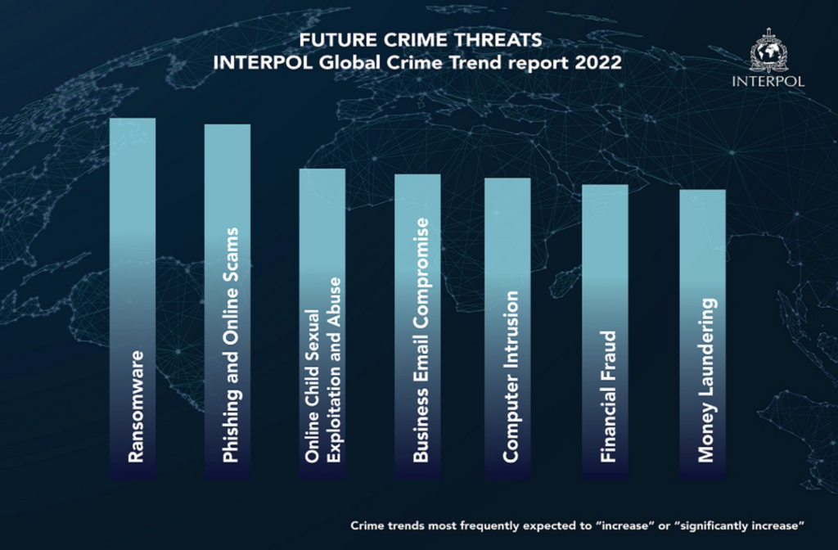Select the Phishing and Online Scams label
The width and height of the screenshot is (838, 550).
231,345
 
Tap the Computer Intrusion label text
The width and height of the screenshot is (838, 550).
510,376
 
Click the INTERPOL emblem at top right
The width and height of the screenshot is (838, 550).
769,52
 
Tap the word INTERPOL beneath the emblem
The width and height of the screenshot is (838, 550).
769,82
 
